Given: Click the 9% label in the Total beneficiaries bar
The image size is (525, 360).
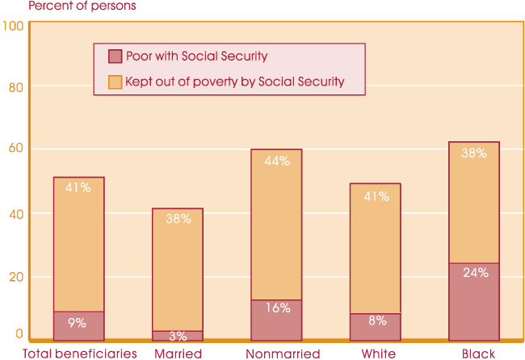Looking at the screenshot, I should tap(78, 323).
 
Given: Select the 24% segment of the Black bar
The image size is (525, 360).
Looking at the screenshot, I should tap(474, 301).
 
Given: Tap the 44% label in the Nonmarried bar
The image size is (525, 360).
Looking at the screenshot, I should tap(277, 161).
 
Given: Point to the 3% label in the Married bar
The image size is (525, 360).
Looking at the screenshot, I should tap(177, 335).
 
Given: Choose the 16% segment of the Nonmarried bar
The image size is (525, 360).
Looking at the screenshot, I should tap(276, 320).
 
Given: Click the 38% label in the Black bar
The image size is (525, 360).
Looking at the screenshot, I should tap(474, 153).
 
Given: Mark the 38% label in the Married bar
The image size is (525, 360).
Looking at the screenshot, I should tap(178, 218).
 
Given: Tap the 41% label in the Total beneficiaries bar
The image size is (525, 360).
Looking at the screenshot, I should tap(78, 188).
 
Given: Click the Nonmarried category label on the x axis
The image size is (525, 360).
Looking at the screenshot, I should tap(283, 354).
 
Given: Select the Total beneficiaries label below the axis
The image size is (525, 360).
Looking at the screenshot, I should tap(80, 354).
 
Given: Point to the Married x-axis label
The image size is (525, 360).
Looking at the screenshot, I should tap(178, 354).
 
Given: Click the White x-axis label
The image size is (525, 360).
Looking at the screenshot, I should tap(378, 354).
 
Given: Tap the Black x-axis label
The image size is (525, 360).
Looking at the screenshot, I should tap(479, 354).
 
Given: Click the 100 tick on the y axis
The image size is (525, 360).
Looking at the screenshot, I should tap(13, 26).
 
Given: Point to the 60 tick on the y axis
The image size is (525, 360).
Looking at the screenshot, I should tap(16, 149).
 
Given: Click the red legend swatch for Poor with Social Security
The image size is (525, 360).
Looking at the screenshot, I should tap(115, 57).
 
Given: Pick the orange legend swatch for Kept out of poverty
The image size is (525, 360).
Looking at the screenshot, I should tap(115, 81).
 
